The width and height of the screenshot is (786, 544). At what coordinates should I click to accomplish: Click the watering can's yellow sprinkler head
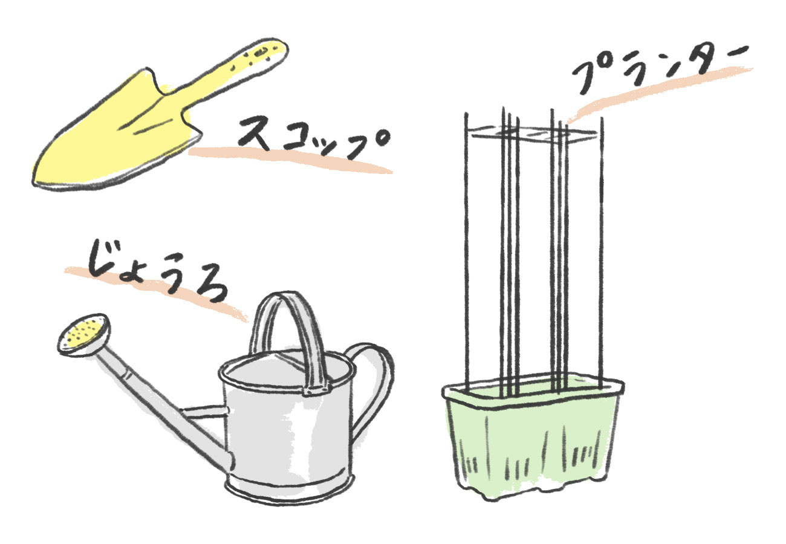pos(85,334)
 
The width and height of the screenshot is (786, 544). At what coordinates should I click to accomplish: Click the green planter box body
pos(532,447)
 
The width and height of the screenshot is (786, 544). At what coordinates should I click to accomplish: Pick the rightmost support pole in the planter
pos(601,242)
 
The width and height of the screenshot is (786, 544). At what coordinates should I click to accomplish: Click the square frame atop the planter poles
pos(532,133)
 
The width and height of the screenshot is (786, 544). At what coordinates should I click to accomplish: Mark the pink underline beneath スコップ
pos(290,158)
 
